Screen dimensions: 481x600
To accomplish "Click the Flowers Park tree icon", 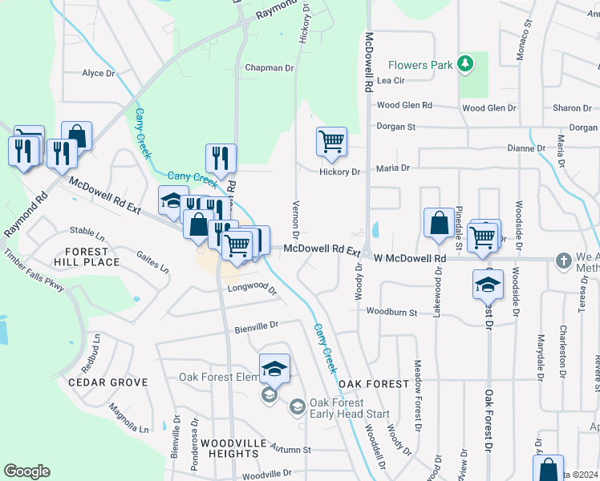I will (x=464, y=63).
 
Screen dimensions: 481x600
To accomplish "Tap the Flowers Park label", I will (x=420, y=64).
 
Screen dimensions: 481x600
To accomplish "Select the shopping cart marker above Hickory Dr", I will (x=331, y=142).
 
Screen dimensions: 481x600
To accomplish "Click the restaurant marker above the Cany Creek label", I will (x=221, y=157).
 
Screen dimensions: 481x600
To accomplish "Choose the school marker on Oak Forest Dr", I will (x=488, y=285).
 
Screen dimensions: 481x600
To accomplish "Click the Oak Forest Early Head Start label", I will (x=349, y=408).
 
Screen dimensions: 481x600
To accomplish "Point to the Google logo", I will (x=26, y=471).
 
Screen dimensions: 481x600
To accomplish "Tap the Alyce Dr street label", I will (x=99, y=73).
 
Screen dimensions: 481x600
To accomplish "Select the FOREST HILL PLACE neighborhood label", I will (x=86, y=256).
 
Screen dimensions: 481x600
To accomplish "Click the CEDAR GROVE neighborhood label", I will (x=108, y=382).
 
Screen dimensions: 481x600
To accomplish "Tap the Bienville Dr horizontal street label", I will (x=256, y=325).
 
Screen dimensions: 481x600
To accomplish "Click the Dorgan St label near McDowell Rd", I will (x=396, y=127).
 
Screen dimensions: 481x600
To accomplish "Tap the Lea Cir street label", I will (x=390, y=81).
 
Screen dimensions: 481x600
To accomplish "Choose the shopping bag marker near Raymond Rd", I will (x=77, y=135).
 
